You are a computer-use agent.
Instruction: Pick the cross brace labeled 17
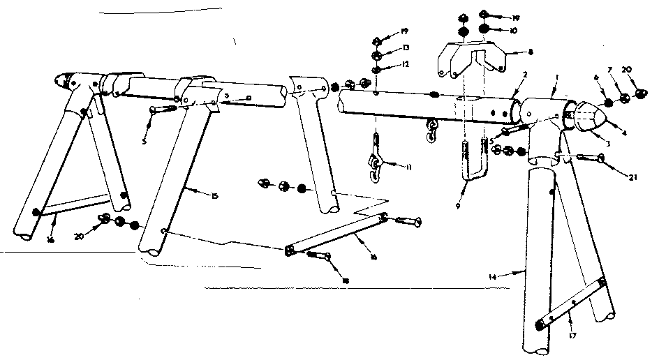(572, 304)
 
